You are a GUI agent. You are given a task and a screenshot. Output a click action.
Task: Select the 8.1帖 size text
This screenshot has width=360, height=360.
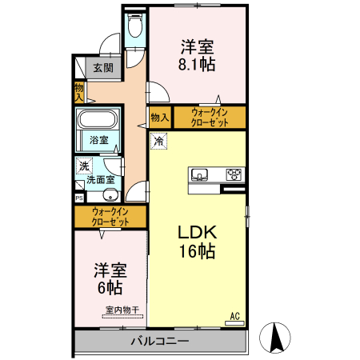[197, 62]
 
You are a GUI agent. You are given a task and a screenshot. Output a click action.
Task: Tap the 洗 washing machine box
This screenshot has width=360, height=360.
[83, 166]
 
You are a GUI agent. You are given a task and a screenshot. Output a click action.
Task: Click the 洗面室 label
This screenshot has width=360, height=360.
[101, 180]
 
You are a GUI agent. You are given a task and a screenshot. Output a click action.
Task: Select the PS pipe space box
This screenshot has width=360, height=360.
[79, 196]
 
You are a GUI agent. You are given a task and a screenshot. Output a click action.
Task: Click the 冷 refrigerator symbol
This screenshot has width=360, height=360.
[158, 141]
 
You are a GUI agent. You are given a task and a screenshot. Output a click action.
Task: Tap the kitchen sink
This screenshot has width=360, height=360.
[200, 174]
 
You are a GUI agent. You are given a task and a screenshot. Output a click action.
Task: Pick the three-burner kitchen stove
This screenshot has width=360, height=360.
[234, 174]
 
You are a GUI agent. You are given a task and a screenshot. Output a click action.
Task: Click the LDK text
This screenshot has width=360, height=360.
[197, 233]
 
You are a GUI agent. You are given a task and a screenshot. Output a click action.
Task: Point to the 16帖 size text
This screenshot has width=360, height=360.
[197, 252]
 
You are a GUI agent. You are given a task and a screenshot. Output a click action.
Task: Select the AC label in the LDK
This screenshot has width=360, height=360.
[235, 316]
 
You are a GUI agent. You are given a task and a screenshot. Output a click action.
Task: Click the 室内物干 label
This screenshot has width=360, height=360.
[122, 310]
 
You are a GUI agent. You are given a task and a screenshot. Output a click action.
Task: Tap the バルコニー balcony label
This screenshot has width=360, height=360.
[159, 342]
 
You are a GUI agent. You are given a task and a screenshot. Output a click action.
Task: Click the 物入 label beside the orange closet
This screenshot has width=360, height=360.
[159, 118]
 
